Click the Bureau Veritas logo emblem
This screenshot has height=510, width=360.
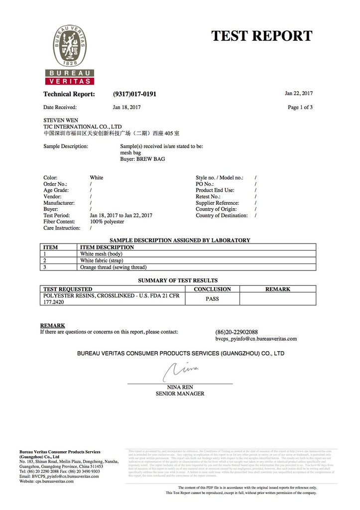[x=70, y=47]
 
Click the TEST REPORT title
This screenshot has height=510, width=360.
[x=261, y=36]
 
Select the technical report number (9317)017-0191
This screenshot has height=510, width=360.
[x=134, y=94]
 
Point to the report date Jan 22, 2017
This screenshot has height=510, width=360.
[x=299, y=93]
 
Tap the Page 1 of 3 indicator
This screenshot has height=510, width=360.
[x=300, y=107]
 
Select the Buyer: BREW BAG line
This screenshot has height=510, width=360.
[x=142, y=159]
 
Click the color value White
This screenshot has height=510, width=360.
[x=97, y=178]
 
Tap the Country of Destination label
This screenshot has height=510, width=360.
[x=222, y=216]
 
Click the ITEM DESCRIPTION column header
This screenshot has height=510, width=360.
[x=107, y=247]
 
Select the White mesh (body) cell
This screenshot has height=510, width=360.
[x=101, y=254]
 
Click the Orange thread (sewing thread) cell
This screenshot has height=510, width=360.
[x=113, y=267]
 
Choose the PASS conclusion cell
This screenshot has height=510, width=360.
[x=212, y=299]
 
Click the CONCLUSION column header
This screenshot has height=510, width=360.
[x=212, y=289]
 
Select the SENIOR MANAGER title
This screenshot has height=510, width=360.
[x=180, y=393]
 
